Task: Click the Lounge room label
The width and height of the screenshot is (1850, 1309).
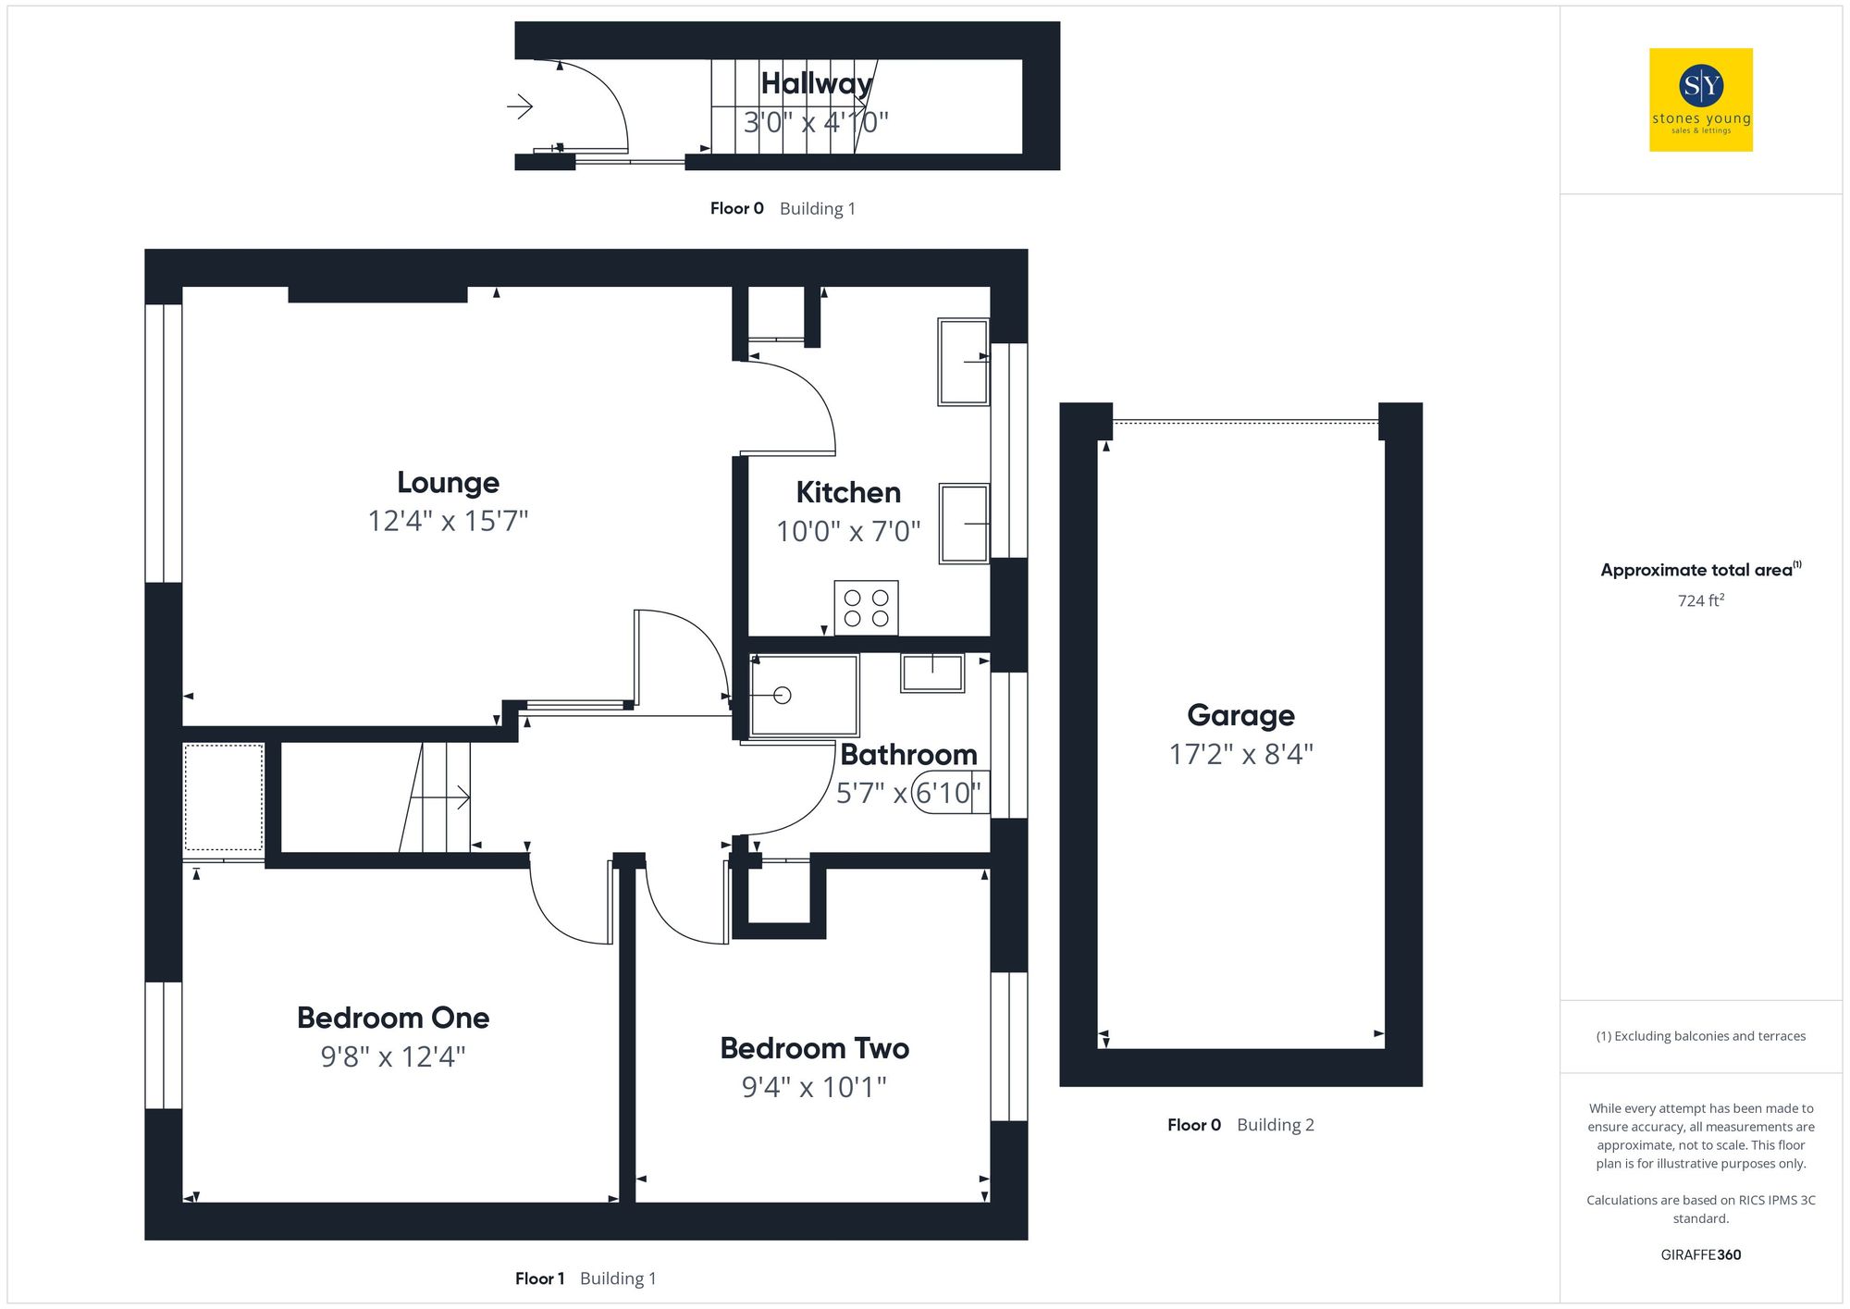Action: (x=448, y=482)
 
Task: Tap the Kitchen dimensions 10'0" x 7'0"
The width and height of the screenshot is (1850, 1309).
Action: (x=848, y=531)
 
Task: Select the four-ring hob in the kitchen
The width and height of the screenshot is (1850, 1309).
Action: (x=866, y=608)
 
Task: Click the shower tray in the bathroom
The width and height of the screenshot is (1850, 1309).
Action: (x=803, y=696)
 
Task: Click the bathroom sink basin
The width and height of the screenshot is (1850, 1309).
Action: (x=932, y=673)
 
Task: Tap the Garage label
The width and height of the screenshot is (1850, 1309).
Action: (x=1240, y=715)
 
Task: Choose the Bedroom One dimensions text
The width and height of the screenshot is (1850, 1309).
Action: (x=392, y=1056)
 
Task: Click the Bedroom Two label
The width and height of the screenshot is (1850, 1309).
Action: (x=814, y=1048)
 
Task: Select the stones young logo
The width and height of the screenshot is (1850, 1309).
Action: (x=1700, y=100)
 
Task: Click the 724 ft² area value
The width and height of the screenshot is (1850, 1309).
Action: (x=1700, y=600)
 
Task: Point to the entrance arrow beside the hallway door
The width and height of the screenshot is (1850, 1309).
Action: (x=521, y=107)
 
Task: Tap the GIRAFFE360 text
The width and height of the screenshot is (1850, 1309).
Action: (x=1700, y=1254)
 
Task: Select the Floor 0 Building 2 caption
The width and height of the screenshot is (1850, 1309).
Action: (x=1239, y=1125)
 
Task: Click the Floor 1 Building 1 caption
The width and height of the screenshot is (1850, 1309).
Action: (x=585, y=1278)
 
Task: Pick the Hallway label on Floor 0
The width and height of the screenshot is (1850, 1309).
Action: (x=816, y=83)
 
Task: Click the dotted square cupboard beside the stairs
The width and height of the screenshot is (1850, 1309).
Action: (x=223, y=797)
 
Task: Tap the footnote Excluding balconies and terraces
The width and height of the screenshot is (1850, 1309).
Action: (x=1700, y=1036)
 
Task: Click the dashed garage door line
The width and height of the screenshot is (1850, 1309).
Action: (x=1244, y=423)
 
